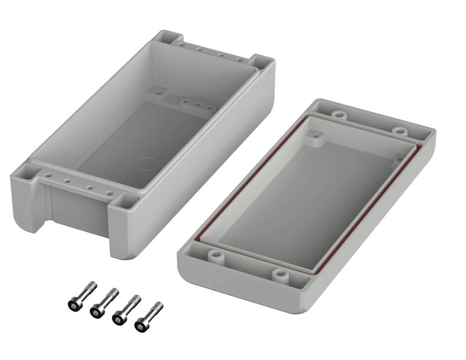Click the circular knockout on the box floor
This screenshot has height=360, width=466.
[x=148, y=165]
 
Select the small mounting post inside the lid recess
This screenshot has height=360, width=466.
[x=319, y=138]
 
